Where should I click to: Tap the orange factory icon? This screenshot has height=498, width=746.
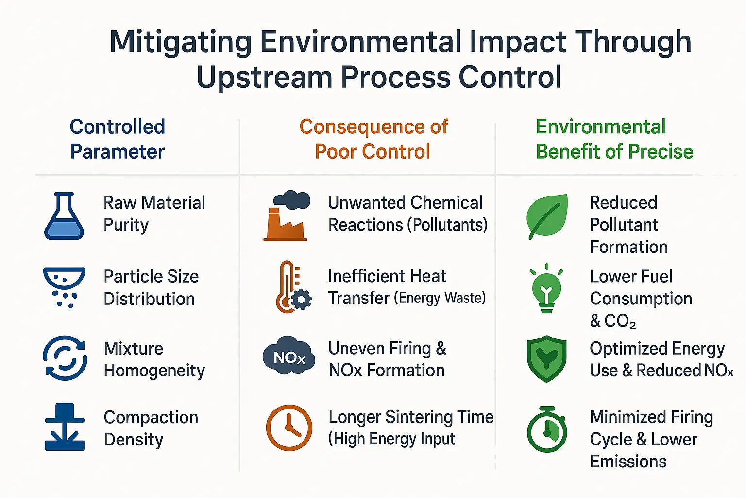click(x=287, y=215)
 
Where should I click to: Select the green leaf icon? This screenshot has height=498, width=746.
click(x=547, y=216)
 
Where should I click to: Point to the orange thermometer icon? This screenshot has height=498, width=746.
click(x=293, y=287)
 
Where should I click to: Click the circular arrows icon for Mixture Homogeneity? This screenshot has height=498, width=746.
click(x=65, y=358)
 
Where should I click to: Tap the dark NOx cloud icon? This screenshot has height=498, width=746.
click(x=289, y=355)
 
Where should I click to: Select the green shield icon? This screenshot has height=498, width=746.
click(x=546, y=359)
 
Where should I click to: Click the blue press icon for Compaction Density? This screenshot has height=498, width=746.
click(x=65, y=427)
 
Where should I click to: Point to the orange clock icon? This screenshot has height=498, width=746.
click(x=289, y=428)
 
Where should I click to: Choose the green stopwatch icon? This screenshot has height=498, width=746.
click(x=547, y=429)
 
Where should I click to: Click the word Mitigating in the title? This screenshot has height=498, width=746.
click(x=181, y=43)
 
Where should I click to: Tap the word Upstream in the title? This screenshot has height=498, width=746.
click(x=264, y=77)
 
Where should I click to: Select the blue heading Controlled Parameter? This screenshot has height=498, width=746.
click(x=118, y=139)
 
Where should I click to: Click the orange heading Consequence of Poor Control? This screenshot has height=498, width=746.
click(x=373, y=139)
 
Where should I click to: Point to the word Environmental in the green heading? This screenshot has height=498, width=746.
click(x=600, y=127)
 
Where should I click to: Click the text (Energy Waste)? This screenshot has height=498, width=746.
click(x=440, y=298)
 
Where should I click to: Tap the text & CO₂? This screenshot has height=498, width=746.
click(x=613, y=321)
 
